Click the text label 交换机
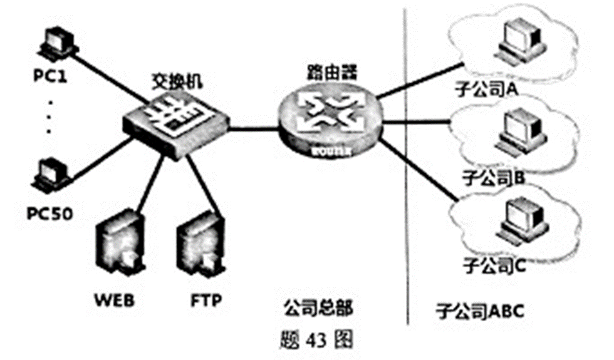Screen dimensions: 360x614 coord(177,80)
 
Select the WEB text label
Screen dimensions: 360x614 coord(115,300)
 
